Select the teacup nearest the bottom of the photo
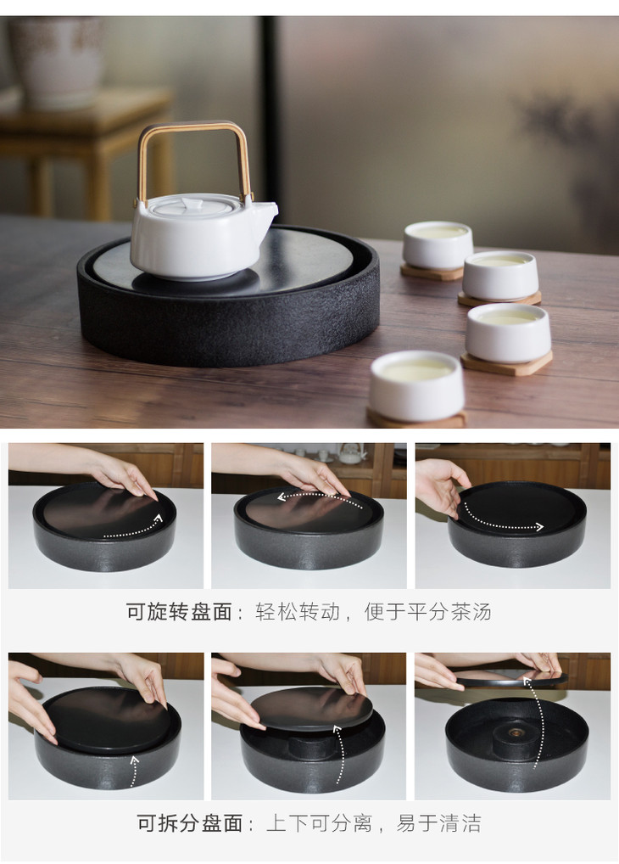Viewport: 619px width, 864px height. click(x=417, y=384)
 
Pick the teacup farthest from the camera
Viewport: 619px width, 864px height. click(x=438, y=245)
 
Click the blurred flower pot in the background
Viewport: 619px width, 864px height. click(x=56, y=60)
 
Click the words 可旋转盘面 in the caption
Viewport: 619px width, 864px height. click(x=179, y=612)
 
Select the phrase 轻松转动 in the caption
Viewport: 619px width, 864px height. click(x=298, y=612)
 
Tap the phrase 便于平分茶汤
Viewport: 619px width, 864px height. click(x=427, y=612)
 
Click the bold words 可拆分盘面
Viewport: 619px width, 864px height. click(x=190, y=823)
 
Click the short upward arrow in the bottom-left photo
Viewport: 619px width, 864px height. click(x=134, y=771)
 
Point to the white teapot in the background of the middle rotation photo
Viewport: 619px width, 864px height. click(x=353, y=453)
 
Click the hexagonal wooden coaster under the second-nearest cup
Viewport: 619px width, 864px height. click(x=507, y=363)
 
